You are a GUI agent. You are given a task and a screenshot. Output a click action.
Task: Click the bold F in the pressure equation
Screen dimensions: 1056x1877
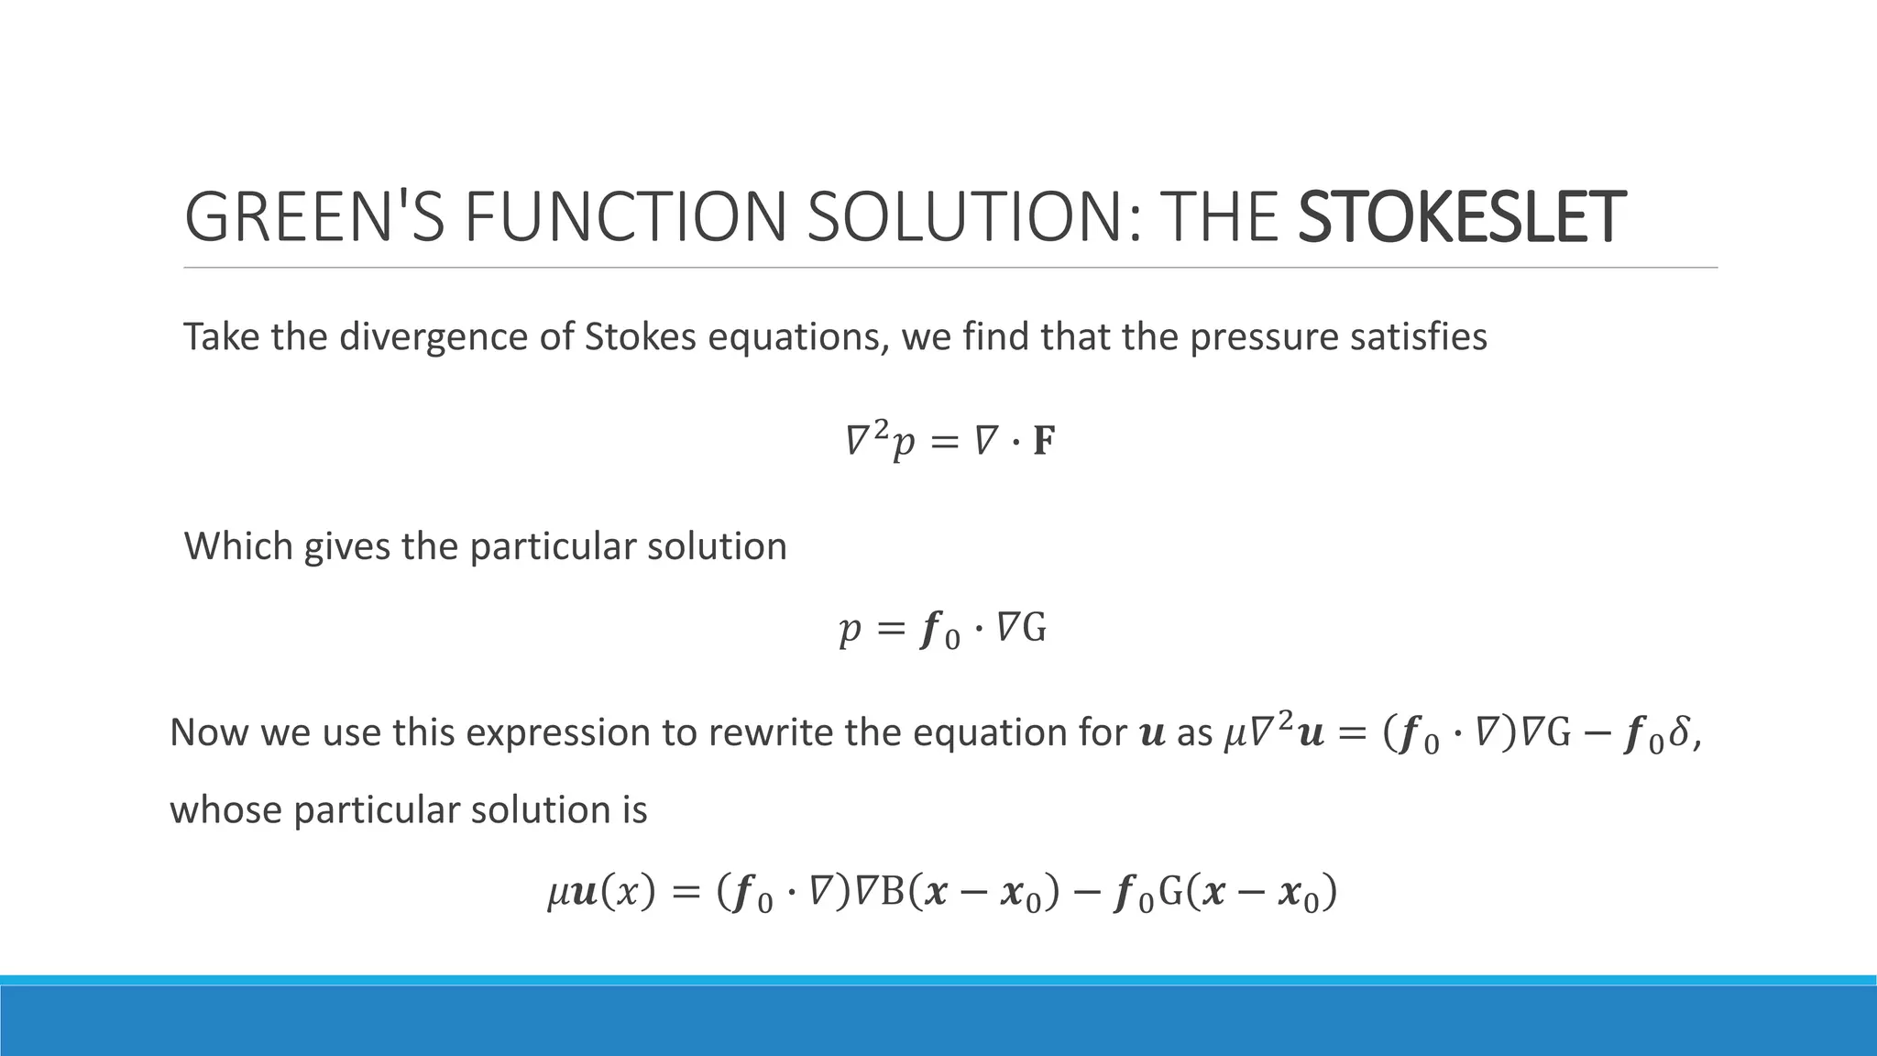tap(1043, 443)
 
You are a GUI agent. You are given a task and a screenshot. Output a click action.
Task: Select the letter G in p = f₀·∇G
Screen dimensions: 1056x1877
tap(1034, 629)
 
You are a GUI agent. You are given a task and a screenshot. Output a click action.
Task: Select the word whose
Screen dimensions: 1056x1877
tap(225, 810)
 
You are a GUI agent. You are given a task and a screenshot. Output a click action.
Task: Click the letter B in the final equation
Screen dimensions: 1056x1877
tap(893, 892)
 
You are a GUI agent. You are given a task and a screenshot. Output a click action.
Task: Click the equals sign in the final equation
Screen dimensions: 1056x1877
tap(686, 893)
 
